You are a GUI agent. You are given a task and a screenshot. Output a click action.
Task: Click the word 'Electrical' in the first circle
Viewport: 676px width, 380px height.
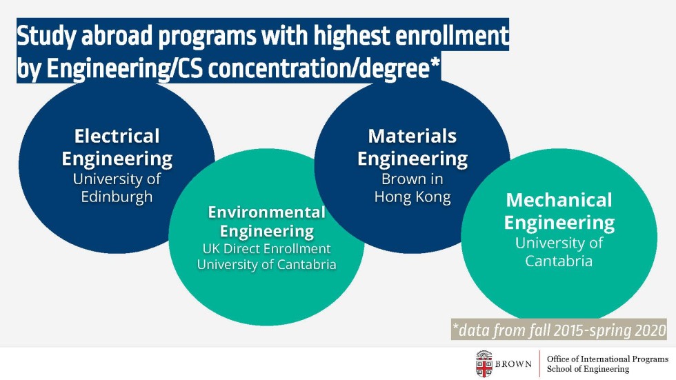click(117, 136)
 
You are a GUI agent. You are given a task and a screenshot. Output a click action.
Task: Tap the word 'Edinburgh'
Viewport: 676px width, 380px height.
click(117, 197)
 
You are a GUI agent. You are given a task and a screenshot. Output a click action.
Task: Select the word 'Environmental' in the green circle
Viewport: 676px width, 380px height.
click(266, 212)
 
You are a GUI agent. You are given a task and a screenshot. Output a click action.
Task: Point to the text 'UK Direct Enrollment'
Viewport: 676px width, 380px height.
click(266, 248)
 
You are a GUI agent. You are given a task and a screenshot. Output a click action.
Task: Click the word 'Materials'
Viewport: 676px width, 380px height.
click(412, 136)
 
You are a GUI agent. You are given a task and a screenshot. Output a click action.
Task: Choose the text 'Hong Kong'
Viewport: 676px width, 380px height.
click(412, 197)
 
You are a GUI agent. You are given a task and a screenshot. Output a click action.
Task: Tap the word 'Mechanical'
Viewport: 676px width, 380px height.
click(559, 200)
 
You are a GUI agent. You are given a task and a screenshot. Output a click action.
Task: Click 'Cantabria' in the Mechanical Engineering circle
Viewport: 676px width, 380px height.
click(559, 261)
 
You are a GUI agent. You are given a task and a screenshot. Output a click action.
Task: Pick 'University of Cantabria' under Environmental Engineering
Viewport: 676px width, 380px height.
click(266, 264)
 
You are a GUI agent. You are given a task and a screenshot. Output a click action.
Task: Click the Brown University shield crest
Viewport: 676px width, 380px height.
click(484, 364)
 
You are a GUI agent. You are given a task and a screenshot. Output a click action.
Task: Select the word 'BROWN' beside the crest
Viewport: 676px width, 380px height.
click(513, 364)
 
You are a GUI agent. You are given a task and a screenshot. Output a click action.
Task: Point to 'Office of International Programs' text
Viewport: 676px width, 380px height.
click(608, 359)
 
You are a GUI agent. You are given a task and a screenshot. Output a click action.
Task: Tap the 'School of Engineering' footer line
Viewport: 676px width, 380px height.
click(588, 369)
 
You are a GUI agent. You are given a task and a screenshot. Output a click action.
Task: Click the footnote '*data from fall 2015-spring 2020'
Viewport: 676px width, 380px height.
click(559, 330)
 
